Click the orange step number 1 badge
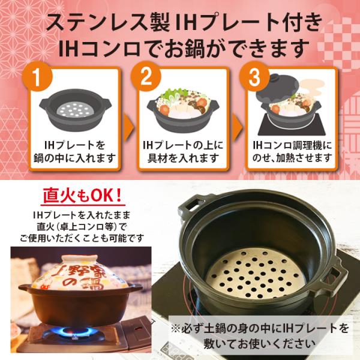coord(37,77)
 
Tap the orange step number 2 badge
coord(146,77)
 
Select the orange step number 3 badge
coord(254,77)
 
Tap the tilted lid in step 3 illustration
coord(278,86)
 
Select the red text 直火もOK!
coord(83,196)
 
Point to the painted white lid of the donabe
coord(80,272)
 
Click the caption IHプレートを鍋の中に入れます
coord(75,152)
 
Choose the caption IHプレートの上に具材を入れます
coord(183,152)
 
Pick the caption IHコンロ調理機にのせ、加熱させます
coord(292,152)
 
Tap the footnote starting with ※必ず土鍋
coord(260,336)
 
